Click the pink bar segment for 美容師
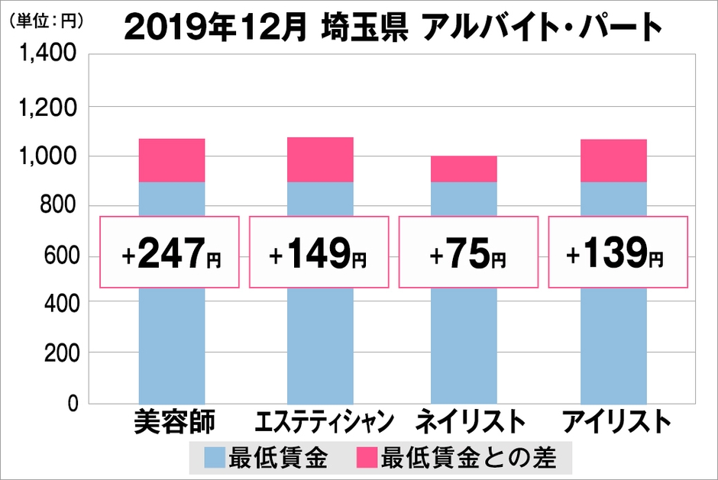(171, 160)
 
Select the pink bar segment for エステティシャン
(320, 159)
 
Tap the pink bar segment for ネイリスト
(464, 169)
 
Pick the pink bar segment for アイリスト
(613, 160)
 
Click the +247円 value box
(171, 251)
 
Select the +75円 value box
(468, 251)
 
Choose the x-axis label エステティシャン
(321, 422)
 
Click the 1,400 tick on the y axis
(48, 56)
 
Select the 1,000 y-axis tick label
(48, 156)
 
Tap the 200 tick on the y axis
(57, 353)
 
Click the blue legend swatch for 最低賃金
(215, 458)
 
